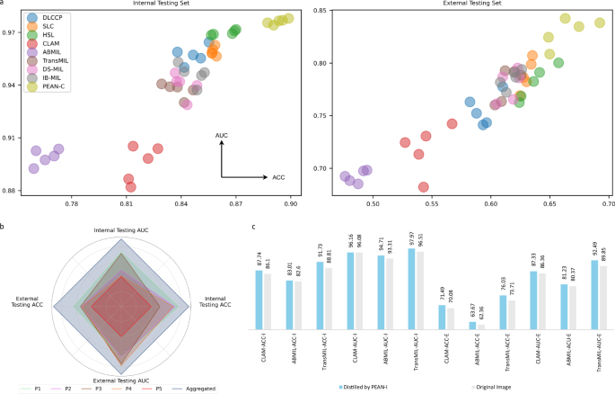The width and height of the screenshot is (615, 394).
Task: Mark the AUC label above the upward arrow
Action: click(x=221, y=135)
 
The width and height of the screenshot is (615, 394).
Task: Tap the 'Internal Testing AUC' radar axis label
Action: click(x=122, y=230)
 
